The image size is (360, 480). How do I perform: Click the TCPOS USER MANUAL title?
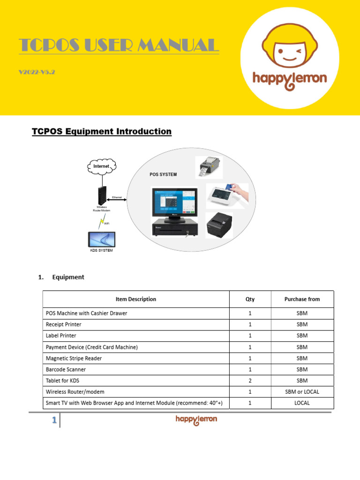[119, 45]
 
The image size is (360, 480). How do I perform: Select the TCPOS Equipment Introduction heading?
[101, 131]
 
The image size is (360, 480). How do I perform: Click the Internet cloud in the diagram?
[101, 166]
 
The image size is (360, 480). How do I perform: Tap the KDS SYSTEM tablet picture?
[102, 240]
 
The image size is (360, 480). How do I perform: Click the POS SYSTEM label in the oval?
[163, 174]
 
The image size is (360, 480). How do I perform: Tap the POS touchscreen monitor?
[173, 203]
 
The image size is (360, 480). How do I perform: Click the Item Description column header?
[136, 299]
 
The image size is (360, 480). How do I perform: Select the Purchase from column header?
[302, 299]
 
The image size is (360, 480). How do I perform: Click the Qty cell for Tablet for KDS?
[250, 381]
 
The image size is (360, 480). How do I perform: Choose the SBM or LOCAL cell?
[302, 392]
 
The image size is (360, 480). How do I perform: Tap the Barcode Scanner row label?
[66, 369]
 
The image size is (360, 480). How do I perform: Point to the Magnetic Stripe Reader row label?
[74, 358]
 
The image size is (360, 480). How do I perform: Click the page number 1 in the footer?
[54, 421]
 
